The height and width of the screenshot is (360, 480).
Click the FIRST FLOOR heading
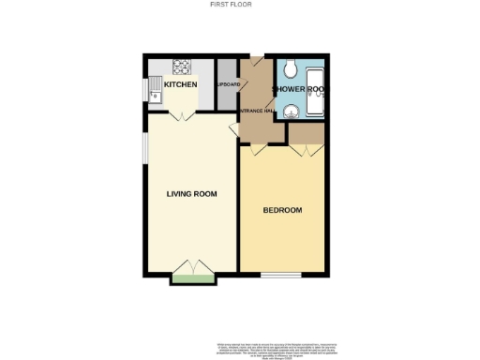coord(240,5)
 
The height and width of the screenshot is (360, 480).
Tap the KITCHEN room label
coord(181,85)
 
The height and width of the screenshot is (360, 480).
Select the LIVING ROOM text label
coord(191,194)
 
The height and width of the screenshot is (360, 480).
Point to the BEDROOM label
coord(282,210)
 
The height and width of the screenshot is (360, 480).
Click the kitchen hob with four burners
coord(180,67)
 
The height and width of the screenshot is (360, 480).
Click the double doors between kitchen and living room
coord(182,113)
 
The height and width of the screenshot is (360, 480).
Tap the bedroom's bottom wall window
coord(280,277)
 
